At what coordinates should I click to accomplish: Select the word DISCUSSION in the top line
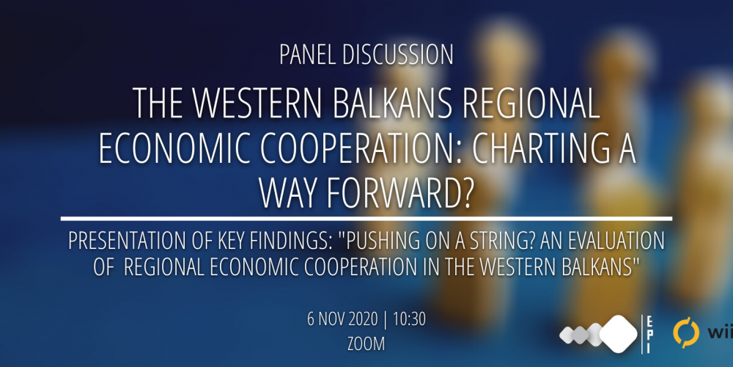[x=398, y=55]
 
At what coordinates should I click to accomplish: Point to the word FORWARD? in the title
[x=397, y=193]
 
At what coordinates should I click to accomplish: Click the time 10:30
[x=410, y=320]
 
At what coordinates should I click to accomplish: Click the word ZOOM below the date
[x=366, y=344]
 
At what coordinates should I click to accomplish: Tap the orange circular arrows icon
[x=686, y=333]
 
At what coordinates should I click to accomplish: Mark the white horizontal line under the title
[x=366, y=219]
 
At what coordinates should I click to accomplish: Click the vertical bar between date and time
[x=386, y=320]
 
